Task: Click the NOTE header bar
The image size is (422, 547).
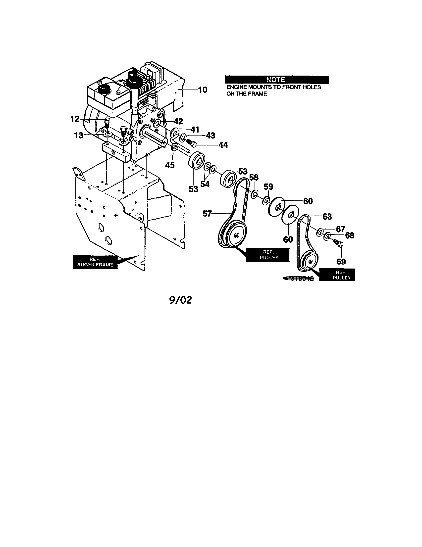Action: [276, 80]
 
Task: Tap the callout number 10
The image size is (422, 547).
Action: [203, 90]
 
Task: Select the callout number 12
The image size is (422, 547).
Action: [75, 119]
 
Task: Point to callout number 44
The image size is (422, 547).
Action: [223, 145]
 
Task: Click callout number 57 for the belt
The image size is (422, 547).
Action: [207, 214]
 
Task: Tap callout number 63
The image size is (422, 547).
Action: [327, 216]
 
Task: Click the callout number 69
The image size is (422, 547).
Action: [341, 262]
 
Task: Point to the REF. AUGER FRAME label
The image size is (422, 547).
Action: [95, 262]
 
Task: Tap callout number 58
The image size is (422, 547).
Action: [254, 178]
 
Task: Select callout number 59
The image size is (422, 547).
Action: [268, 186]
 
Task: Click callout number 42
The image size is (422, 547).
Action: [178, 122]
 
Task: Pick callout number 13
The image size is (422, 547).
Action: [78, 136]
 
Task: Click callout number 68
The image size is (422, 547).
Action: [350, 235]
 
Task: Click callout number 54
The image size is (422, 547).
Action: [205, 184]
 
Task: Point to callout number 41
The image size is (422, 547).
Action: [195, 130]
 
